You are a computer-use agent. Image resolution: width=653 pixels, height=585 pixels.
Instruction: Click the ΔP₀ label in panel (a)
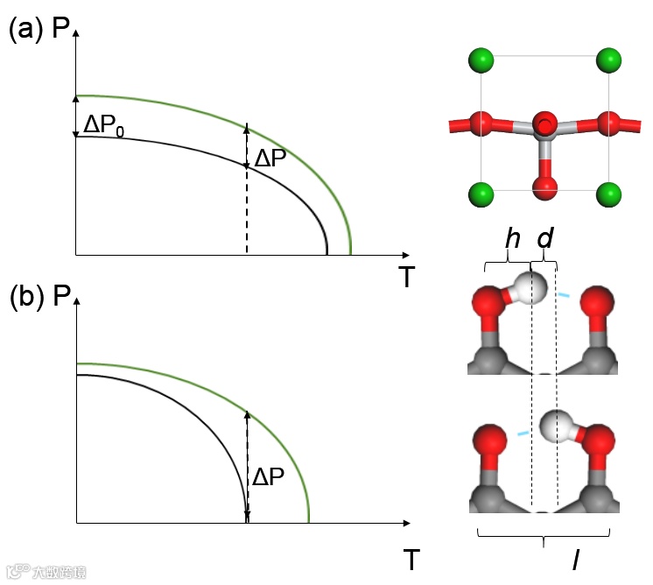pos(104,124)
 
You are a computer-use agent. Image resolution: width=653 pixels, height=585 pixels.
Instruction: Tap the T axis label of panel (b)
pos(407,556)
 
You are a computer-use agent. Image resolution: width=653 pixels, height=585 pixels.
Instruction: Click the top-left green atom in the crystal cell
pos(481,61)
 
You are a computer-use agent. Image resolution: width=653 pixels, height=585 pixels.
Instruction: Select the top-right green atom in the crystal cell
pos(608,61)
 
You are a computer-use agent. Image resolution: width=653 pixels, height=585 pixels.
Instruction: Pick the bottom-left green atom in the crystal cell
pos(481,192)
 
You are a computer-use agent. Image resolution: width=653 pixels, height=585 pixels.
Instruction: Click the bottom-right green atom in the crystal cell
pos(608,192)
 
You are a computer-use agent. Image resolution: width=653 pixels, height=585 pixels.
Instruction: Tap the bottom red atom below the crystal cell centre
pos(545,187)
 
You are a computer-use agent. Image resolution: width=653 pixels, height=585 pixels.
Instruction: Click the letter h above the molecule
pos(512,238)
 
